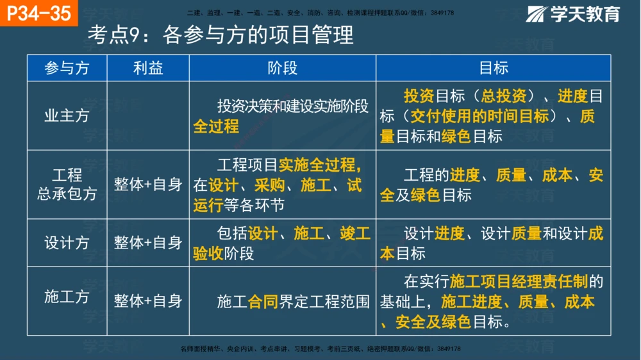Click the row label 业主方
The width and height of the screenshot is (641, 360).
click(67, 116)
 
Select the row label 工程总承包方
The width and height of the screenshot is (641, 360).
click(67, 184)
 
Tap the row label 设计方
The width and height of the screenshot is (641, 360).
click(67, 243)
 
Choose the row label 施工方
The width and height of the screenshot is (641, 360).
click(67, 297)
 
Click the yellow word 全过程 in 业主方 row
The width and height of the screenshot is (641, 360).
click(216, 127)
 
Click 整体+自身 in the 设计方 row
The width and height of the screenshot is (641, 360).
click(148, 243)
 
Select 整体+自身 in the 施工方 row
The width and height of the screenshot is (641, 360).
click(148, 300)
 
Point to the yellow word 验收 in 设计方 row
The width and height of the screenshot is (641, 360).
click(208, 254)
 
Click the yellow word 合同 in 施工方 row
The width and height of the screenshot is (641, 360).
click(263, 301)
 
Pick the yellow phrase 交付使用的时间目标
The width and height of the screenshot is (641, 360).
click(480, 117)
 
